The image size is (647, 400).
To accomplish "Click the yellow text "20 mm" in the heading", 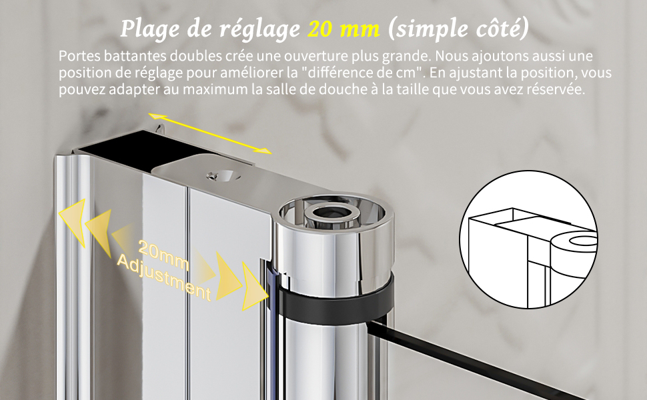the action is coord(344,29).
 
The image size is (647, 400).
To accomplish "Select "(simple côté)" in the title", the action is coord(458,29).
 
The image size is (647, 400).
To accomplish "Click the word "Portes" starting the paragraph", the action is coord(79,56).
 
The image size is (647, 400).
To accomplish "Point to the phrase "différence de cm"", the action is coord(362,73).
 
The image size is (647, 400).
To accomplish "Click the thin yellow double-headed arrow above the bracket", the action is coord(210,133).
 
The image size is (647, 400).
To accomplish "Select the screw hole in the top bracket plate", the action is coord(224,176).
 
